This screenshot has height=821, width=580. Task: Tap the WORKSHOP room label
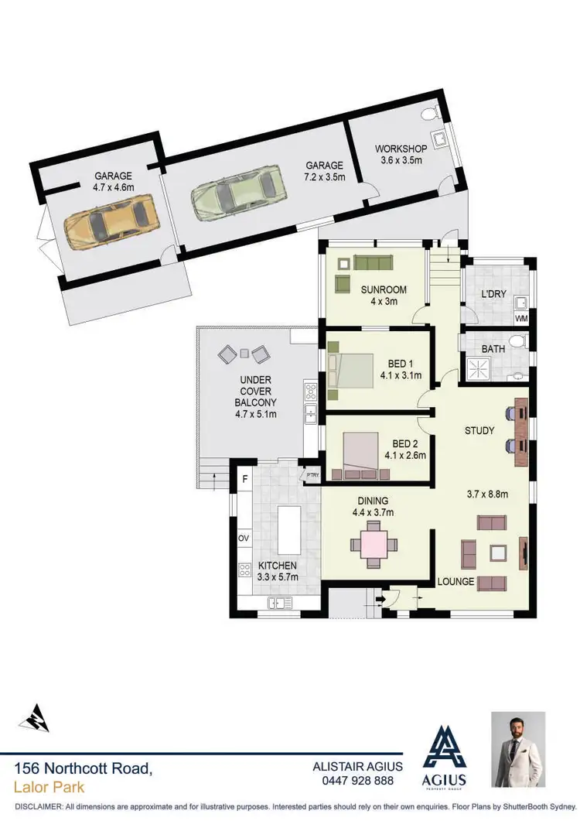pos(395,149)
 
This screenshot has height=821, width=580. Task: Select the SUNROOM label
pos(384,290)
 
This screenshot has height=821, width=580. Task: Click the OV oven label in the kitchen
pos(243,538)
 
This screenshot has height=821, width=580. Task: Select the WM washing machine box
pos(521,317)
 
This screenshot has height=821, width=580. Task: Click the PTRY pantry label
pos(313,475)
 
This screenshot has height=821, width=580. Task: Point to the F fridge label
pos(244,479)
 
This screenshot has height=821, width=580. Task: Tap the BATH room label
pos(493,349)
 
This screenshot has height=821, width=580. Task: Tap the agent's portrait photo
pos(518,748)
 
